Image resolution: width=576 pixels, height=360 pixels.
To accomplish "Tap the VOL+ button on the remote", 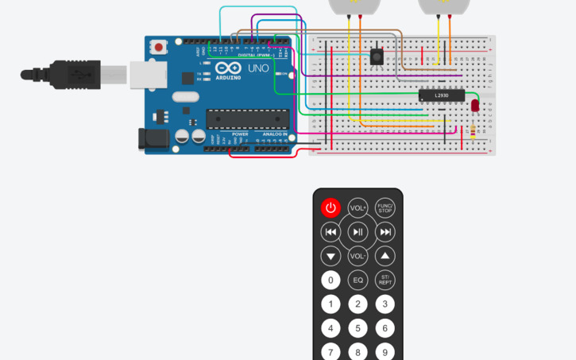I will [358, 208].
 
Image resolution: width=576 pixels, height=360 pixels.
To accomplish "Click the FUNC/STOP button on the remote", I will [385, 208].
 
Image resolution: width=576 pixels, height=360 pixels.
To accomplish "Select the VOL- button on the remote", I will [358, 256].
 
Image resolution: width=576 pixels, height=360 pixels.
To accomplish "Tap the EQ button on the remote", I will [358, 280].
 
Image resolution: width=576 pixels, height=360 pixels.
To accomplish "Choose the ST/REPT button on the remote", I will [385, 280].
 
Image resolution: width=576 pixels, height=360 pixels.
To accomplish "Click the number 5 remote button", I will [358, 328].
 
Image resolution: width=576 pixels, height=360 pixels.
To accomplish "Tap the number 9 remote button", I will [385, 351].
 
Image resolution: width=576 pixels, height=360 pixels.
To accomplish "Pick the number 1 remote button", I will [331, 304].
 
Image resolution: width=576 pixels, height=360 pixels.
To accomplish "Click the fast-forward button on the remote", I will [385, 232].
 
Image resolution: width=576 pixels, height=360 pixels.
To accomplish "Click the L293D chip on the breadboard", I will [441, 95].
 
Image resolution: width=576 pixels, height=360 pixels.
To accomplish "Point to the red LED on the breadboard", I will [475, 105].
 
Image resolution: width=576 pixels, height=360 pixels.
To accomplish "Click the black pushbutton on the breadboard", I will [377, 56].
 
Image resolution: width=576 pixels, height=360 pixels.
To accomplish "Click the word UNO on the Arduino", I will [259, 69].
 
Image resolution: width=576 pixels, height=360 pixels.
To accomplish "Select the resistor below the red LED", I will [474, 130].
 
